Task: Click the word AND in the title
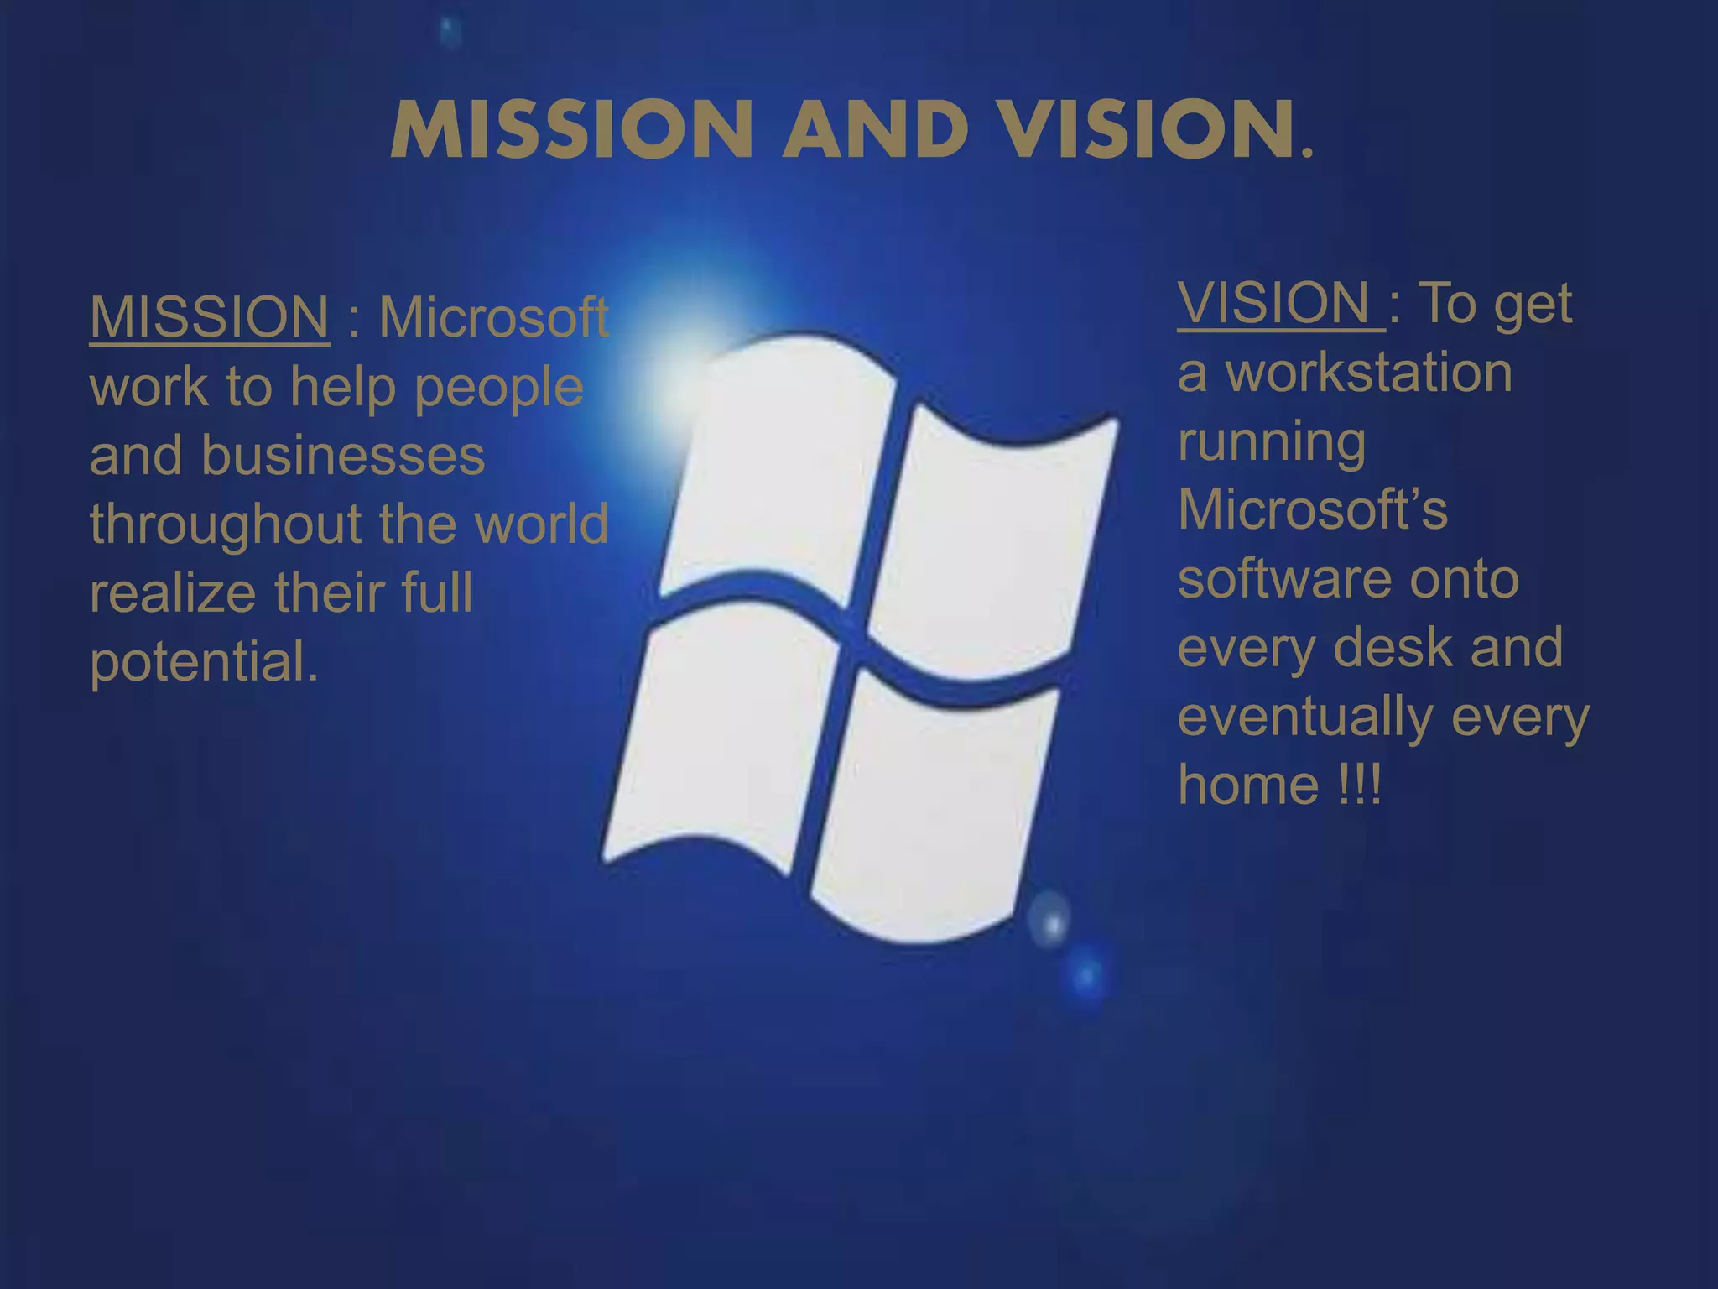[x=877, y=129]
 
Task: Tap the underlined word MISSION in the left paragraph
[x=209, y=317]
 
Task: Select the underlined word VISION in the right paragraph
[x=1274, y=303]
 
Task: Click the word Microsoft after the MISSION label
[x=493, y=317]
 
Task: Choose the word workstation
[x=1369, y=373]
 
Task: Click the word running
[x=1272, y=442]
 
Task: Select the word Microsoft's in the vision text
[x=1313, y=509]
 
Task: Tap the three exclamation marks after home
[x=1360, y=785]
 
